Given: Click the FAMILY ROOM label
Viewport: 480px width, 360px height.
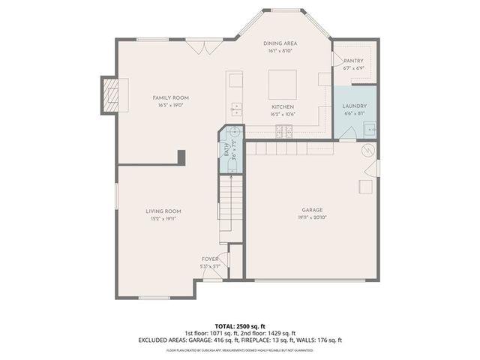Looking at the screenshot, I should pyautogui.click(x=170, y=97).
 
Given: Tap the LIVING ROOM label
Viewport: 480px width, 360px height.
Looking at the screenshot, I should pyautogui.click(x=163, y=211).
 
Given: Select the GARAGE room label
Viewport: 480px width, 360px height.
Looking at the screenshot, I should pyautogui.click(x=313, y=209).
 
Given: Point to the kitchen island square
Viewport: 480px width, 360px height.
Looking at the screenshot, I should pyautogui.click(x=283, y=81).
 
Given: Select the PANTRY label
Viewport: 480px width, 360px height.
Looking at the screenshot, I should pyautogui.click(x=353, y=60).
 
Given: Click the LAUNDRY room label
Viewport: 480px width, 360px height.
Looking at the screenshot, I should pyautogui.click(x=355, y=106).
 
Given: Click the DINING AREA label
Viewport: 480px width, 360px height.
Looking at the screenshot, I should pyautogui.click(x=283, y=43).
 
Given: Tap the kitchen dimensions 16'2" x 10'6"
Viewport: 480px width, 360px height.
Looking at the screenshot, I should pyautogui.click(x=283, y=115).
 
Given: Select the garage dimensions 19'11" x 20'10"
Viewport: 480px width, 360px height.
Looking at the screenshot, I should pyautogui.click(x=313, y=217).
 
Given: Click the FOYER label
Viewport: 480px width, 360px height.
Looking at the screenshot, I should pyautogui.click(x=210, y=258).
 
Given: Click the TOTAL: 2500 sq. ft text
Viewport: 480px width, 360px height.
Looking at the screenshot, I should pyautogui.click(x=239, y=326).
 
